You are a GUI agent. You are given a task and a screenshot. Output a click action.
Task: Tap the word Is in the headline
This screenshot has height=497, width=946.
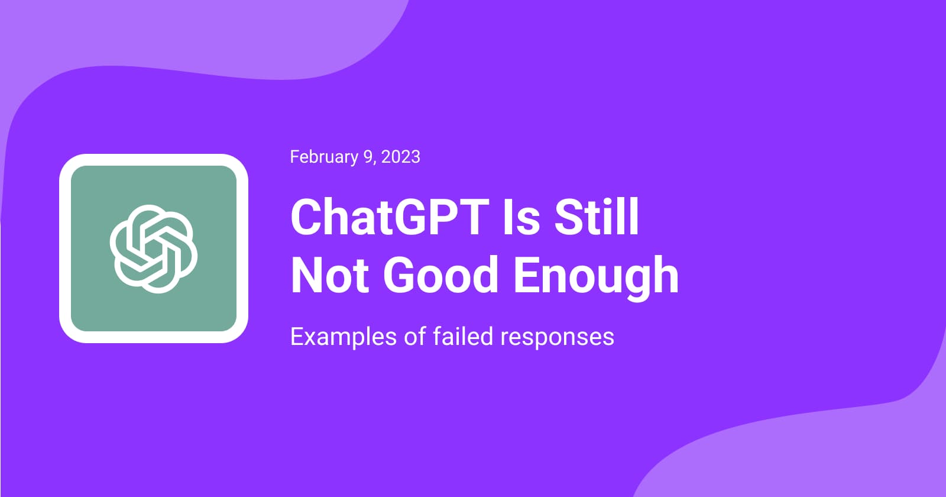521,217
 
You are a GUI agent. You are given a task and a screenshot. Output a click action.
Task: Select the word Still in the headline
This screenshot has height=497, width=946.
597,217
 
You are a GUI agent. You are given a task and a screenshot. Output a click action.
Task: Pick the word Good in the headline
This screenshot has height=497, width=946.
441,275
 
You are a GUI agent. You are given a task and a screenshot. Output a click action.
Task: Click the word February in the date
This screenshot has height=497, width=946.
324,157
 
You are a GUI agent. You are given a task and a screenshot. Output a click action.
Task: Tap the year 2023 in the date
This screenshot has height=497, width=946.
401,157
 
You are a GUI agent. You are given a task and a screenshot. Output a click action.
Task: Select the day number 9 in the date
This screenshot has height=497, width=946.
368,157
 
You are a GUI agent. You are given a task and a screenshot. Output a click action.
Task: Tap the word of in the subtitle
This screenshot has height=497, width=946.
414,337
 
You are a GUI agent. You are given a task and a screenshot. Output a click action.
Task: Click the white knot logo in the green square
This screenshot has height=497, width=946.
153,248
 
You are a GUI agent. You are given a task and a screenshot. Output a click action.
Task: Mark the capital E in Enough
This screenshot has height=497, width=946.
527,275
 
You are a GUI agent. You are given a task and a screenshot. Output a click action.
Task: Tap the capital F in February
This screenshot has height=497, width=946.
294,157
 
